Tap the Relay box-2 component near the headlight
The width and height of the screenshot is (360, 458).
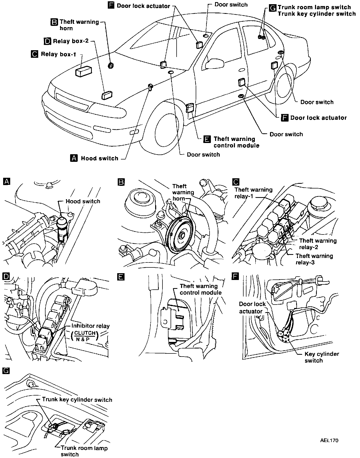pos(107,95)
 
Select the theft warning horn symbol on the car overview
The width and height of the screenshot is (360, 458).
pos(111,66)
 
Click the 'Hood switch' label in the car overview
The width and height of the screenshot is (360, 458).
pos(99,158)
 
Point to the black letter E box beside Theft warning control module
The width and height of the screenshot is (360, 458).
pos(207,139)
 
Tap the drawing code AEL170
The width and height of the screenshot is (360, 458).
pos(329,440)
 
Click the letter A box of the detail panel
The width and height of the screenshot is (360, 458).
pos(6,181)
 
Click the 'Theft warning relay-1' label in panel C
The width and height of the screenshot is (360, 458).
pos(253,193)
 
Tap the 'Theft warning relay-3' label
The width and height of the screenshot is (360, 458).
pos(314,259)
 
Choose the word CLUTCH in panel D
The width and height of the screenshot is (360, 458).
pos(85,333)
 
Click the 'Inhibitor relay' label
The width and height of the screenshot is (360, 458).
pos(91,326)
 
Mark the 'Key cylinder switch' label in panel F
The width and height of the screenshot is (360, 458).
pos(322,357)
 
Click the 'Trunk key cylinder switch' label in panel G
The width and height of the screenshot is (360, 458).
pos(77,400)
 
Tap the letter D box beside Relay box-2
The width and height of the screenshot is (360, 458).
pos(47,41)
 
